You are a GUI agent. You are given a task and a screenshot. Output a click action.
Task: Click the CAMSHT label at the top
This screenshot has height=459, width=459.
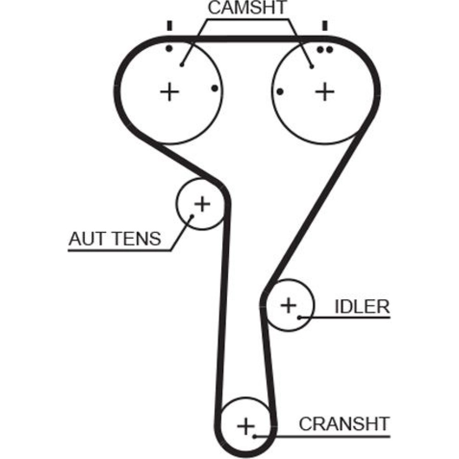247,8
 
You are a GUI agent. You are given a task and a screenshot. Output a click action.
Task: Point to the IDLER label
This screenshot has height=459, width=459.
362,306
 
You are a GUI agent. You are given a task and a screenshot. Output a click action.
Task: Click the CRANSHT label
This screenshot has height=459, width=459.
344,424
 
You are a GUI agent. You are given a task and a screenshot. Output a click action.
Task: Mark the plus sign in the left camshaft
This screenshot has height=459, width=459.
170,92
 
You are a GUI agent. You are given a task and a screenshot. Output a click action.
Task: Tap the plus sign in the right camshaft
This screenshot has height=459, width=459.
325,92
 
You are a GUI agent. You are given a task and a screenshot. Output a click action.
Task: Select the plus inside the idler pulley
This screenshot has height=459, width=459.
289,305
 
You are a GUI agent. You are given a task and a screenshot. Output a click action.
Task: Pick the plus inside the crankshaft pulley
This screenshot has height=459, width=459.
246,426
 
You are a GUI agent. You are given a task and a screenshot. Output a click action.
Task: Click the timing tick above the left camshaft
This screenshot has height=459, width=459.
170,26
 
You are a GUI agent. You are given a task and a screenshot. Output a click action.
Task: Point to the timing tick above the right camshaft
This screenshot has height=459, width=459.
325,26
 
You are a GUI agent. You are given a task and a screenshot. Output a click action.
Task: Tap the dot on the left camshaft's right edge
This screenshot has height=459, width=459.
214,88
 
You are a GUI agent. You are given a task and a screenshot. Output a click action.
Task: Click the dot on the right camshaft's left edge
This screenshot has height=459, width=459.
280,92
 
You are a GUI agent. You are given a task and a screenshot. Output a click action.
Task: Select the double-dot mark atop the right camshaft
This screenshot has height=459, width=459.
325,50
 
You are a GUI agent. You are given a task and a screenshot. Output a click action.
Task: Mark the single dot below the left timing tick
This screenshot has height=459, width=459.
169,48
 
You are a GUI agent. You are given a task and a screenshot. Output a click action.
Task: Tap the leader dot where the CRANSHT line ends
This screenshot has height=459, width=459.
255,435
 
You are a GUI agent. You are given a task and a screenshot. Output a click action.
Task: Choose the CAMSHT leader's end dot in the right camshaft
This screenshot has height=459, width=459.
312,67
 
